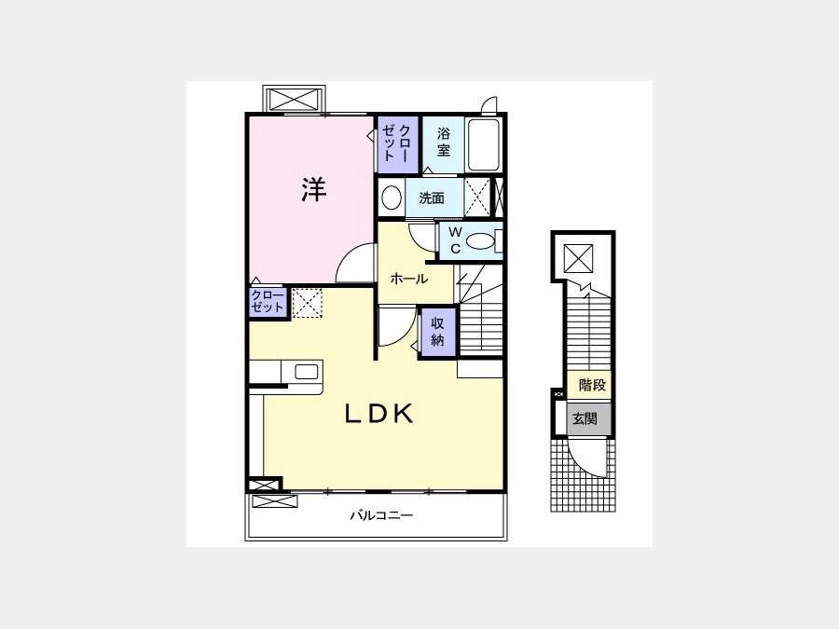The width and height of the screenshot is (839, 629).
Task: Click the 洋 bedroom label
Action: (x=313, y=189)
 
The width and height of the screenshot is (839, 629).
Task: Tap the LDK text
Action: (x=378, y=414)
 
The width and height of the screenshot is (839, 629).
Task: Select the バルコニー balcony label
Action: (x=381, y=515)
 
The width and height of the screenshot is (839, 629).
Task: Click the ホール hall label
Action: (x=409, y=279)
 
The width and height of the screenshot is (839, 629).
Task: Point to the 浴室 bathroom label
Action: (x=443, y=142)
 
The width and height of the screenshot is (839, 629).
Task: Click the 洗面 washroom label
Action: (x=432, y=198)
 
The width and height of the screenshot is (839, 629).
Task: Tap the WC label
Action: (x=455, y=240)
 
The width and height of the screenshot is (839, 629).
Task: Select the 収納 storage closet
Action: (x=438, y=332)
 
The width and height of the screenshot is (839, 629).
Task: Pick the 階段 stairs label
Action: (x=592, y=385)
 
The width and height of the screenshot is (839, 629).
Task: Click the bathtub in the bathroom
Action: (x=483, y=144)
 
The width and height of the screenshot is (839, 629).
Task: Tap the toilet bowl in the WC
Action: (x=480, y=241)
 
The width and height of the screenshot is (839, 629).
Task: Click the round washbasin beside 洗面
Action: (x=392, y=198)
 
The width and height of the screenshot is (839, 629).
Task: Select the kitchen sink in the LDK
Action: (x=307, y=372)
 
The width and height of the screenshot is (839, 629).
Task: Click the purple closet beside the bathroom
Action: (x=398, y=145)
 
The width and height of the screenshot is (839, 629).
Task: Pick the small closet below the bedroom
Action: (x=268, y=303)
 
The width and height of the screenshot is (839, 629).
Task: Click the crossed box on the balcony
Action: (x=274, y=501)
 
